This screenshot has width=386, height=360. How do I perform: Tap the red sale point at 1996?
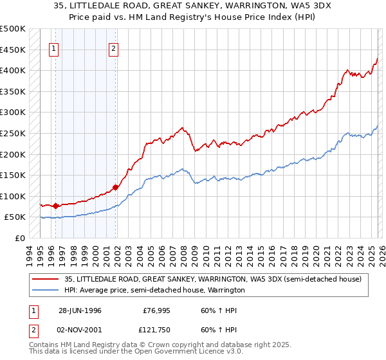tap(55, 206)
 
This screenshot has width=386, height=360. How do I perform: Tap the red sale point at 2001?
tap(116, 187)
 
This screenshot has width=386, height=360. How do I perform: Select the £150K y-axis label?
tap(13, 175)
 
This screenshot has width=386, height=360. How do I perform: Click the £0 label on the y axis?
tap(19, 239)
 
